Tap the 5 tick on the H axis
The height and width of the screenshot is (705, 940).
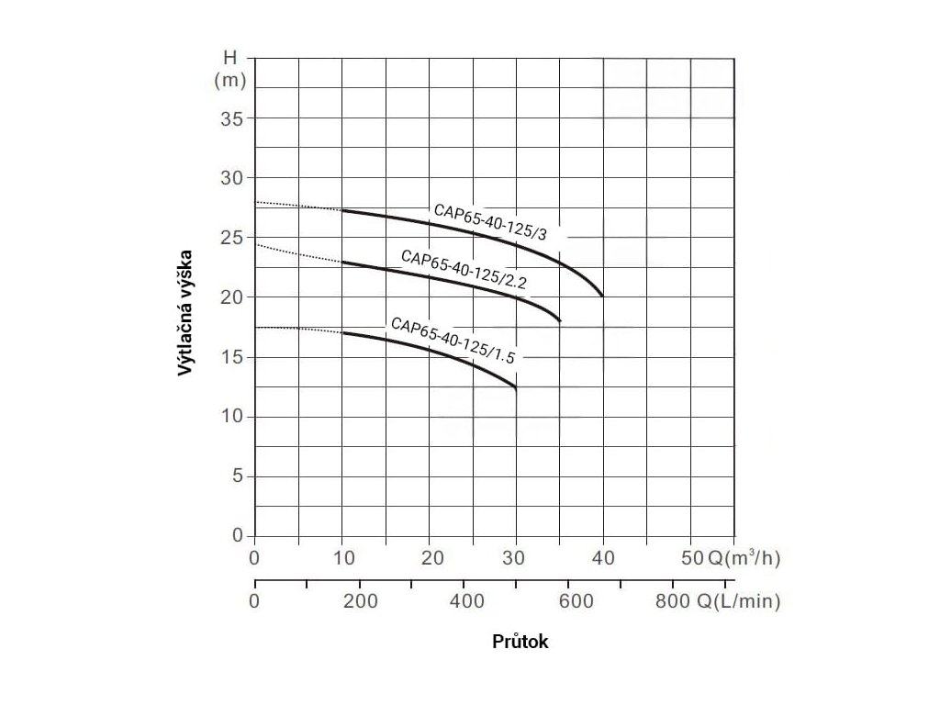click(237, 476)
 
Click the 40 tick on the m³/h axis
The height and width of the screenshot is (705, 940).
click(603, 558)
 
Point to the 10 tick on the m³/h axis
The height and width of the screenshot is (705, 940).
click(341, 558)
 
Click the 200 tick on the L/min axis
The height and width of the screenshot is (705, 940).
click(359, 602)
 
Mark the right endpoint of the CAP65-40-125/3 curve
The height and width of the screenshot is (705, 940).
click(603, 296)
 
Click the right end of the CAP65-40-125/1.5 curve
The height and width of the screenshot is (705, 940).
click(516, 389)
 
